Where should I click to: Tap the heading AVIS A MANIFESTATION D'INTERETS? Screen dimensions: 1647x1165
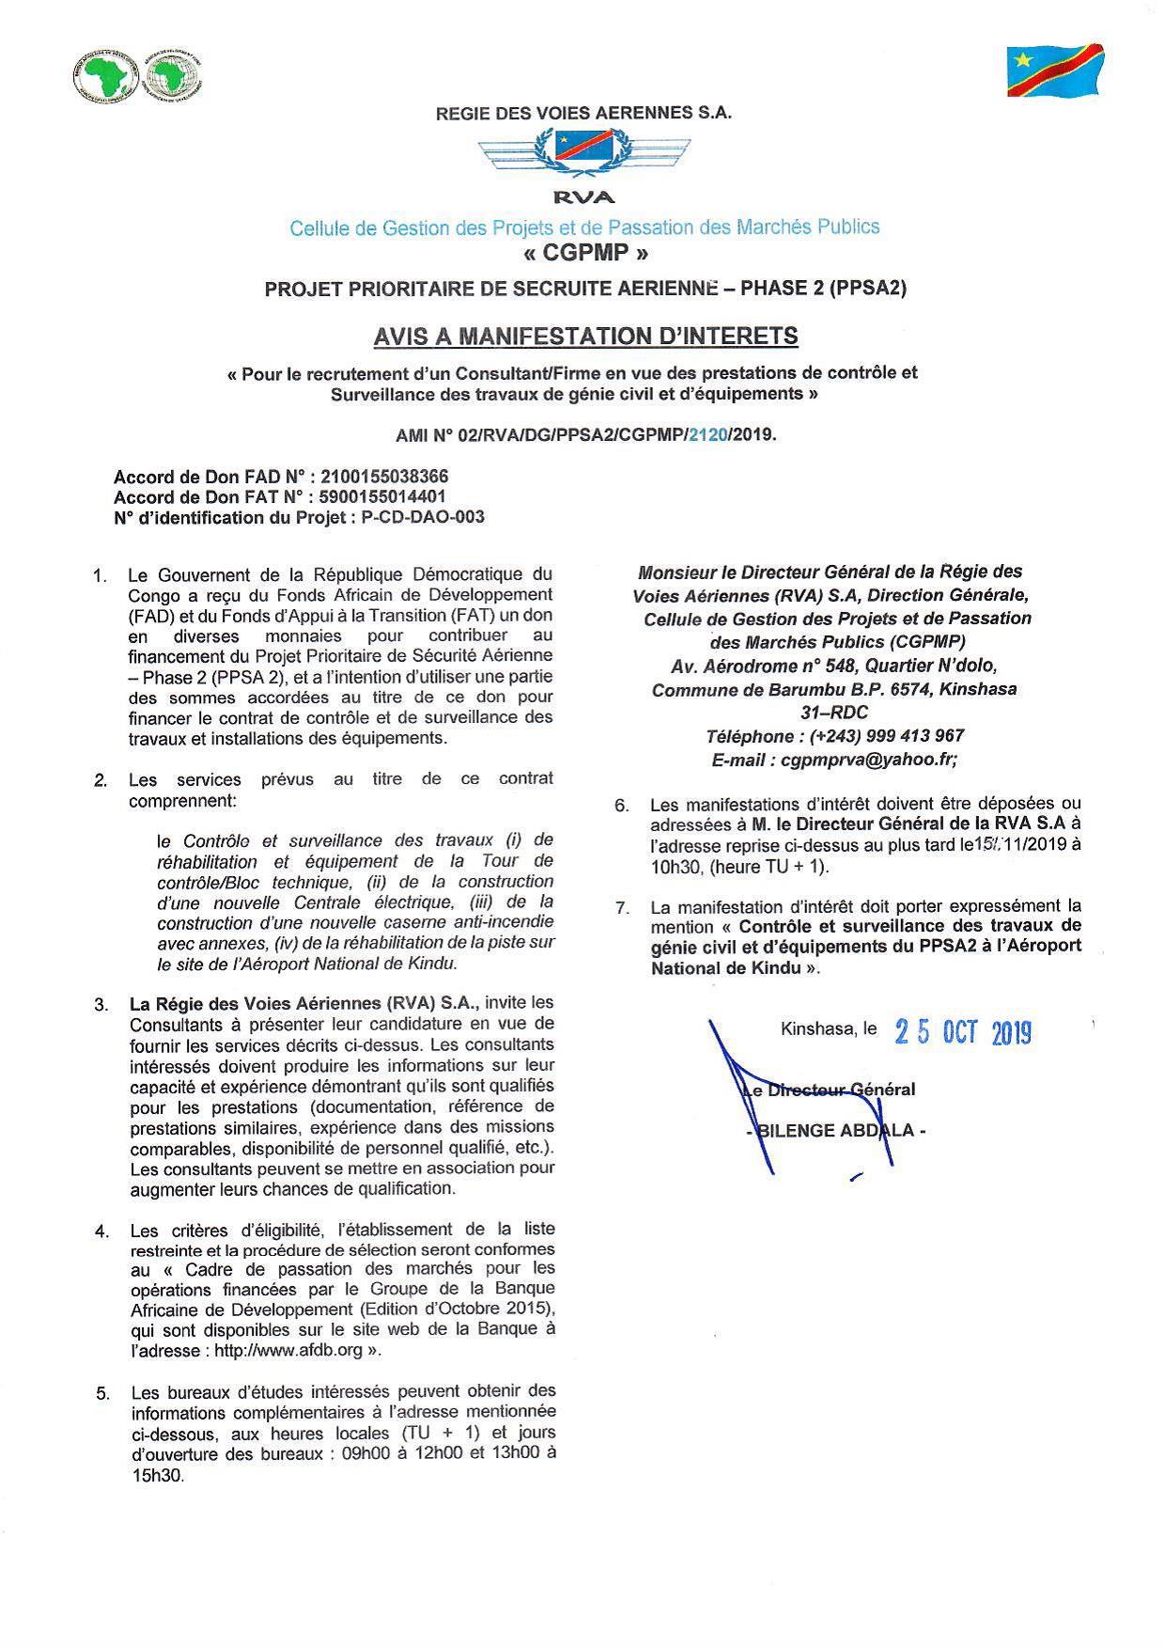click(x=585, y=336)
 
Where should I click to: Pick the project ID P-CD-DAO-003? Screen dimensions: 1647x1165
click(x=423, y=517)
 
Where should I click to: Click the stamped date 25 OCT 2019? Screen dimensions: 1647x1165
click(x=963, y=1033)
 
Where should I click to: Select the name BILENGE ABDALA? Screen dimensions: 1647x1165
click(x=836, y=1131)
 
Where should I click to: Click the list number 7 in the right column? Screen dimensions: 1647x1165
click(x=621, y=907)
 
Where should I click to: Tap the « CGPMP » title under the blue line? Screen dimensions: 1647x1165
click(x=583, y=254)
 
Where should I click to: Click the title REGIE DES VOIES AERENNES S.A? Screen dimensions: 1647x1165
click(x=583, y=113)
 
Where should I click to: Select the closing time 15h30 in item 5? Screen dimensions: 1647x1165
click(x=158, y=1475)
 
